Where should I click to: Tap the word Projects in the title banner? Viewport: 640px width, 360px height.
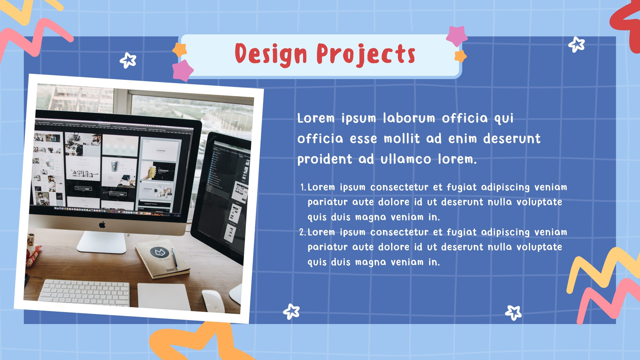366,54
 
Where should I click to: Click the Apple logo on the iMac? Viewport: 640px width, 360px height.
102,224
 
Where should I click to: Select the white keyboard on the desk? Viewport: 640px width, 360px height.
84,293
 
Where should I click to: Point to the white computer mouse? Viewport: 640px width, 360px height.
213,301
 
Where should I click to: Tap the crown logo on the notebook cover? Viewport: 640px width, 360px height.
160,252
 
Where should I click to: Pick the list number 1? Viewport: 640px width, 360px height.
303,188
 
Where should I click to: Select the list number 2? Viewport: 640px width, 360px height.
302,232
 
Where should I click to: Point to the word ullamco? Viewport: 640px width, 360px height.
406,159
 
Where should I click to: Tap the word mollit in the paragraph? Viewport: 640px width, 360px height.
402,138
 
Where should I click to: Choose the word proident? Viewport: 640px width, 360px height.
324,160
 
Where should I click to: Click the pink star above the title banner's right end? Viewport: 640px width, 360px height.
456,36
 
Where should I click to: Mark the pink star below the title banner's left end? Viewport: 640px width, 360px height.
182,70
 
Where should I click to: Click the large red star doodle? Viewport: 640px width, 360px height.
627,24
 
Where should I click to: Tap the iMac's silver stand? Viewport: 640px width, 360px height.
102,242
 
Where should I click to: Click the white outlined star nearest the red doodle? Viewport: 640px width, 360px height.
576,44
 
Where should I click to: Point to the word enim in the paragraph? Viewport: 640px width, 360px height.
463,138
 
